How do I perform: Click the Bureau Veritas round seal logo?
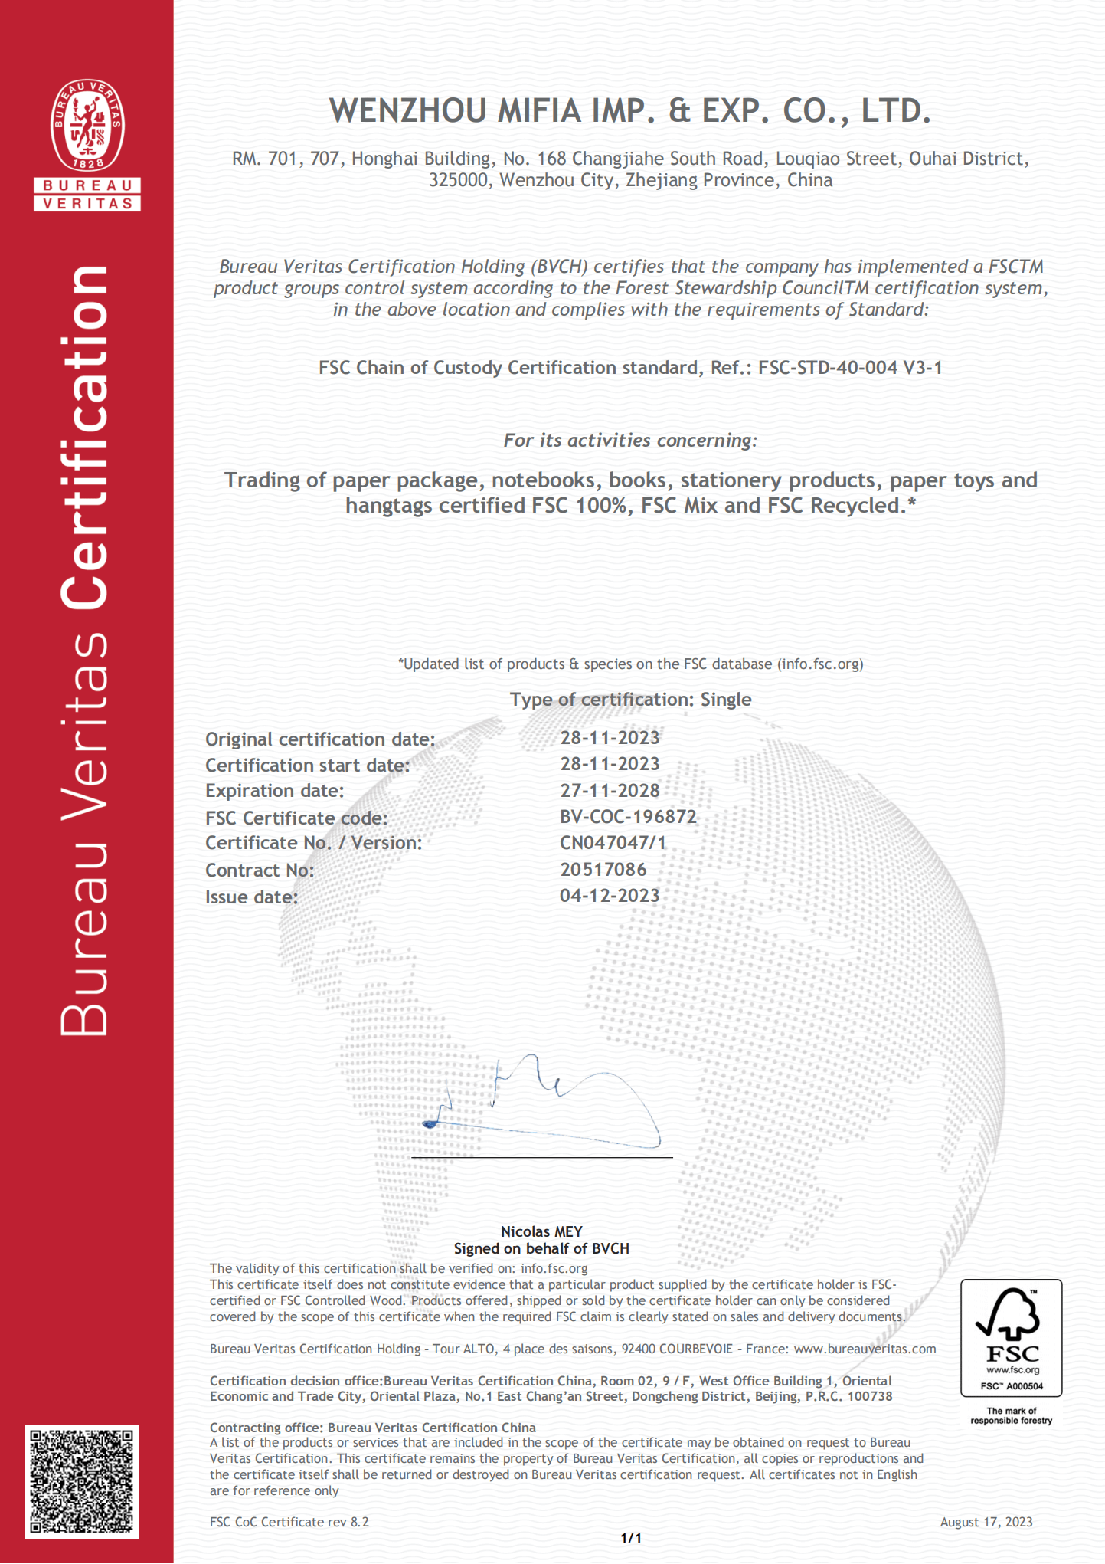coord(87,126)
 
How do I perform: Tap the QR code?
coord(82,1480)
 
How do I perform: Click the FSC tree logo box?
coord(1011,1338)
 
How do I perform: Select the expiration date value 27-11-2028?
coord(610,790)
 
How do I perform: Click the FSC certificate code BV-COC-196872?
coord(628,816)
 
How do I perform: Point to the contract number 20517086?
coord(603,869)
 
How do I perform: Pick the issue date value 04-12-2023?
coord(610,895)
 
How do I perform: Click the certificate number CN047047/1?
coord(613,842)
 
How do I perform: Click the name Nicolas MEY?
coord(541,1231)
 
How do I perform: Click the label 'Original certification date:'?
coord(320,739)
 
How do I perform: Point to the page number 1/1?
coord(631,1538)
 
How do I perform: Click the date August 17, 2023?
coord(986,1522)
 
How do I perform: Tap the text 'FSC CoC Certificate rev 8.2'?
coord(289,1522)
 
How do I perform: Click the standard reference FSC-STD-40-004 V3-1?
coord(850,368)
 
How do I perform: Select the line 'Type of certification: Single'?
coord(631,699)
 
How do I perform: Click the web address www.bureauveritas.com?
coord(865,1349)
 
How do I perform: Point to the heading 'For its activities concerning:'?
coord(630,440)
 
